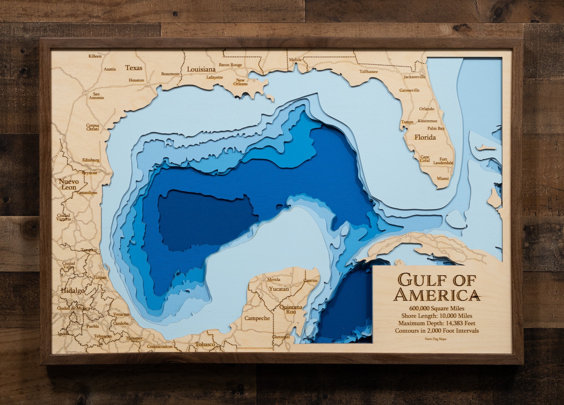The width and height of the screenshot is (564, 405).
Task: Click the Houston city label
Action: (x=136, y=80)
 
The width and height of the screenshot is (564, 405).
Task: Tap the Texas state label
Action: (x=134, y=68)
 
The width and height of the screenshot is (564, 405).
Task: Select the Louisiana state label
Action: (x=201, y=69)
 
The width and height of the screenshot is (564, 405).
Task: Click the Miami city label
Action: (x=443, y=178)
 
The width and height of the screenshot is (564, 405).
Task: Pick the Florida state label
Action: (x=425, y=137)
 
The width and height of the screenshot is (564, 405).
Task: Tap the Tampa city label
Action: (x=407, y=122)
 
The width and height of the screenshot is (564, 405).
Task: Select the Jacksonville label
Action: (x=415, y=77)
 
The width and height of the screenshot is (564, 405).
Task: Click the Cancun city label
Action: (x=310, y=280)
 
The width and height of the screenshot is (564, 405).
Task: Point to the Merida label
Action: (x=274, y=279)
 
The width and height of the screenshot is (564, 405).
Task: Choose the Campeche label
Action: (x=257, y=318)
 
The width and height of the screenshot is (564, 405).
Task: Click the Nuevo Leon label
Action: (x=69, y=184)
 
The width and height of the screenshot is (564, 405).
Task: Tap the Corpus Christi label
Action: (x=92, y=127)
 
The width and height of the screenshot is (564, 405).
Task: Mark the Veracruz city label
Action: (x=121, y=314)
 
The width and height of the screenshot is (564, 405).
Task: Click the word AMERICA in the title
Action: (x=437, y=295)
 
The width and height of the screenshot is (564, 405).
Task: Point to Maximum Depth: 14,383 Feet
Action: (x=437, y=323)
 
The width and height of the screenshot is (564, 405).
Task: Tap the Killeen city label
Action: (x=95, y=56)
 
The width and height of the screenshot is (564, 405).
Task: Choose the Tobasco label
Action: (x=205, y=344)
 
